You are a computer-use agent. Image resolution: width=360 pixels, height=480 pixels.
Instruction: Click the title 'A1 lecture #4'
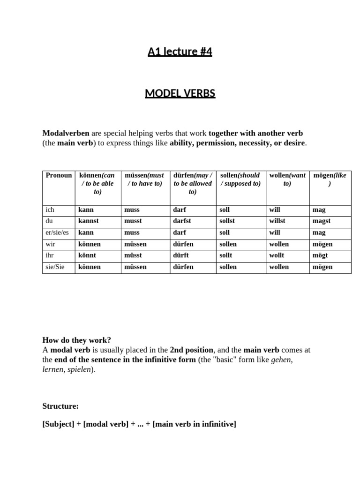pos(180,52)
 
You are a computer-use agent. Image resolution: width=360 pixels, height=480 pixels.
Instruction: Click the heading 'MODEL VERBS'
pos(180,93)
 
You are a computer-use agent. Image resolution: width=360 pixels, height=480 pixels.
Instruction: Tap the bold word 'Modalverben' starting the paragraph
pos(66,133)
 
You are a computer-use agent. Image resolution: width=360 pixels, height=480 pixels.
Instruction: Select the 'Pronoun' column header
pos(59,175)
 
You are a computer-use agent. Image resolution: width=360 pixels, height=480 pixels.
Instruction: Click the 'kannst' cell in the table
pos(89,221)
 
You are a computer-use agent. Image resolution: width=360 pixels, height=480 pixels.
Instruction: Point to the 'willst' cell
pos(277,221)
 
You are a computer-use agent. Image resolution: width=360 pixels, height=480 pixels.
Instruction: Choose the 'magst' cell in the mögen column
pos(322,221)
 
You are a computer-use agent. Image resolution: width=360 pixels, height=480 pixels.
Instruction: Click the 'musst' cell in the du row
pos(133,221)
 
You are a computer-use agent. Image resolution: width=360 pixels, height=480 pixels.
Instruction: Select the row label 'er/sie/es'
pos(57,232)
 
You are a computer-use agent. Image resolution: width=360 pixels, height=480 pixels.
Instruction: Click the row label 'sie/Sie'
pos(55,267)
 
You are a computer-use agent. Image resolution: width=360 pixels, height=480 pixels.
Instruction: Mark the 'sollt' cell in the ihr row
pos(226,255)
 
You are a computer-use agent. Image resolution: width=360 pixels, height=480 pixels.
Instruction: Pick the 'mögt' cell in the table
pos(320,255)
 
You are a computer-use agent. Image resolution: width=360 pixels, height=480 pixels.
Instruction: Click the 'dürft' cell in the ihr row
pos(181,255)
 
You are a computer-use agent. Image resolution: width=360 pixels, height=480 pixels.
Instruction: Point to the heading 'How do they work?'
pos(77,340)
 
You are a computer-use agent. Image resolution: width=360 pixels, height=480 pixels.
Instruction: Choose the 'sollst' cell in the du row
pos(228,221)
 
